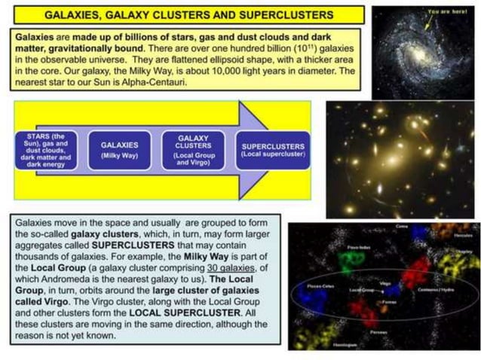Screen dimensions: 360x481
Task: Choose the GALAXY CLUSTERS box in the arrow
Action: (194, 149)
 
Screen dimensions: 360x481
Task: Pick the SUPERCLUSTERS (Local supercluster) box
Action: (272, 149)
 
